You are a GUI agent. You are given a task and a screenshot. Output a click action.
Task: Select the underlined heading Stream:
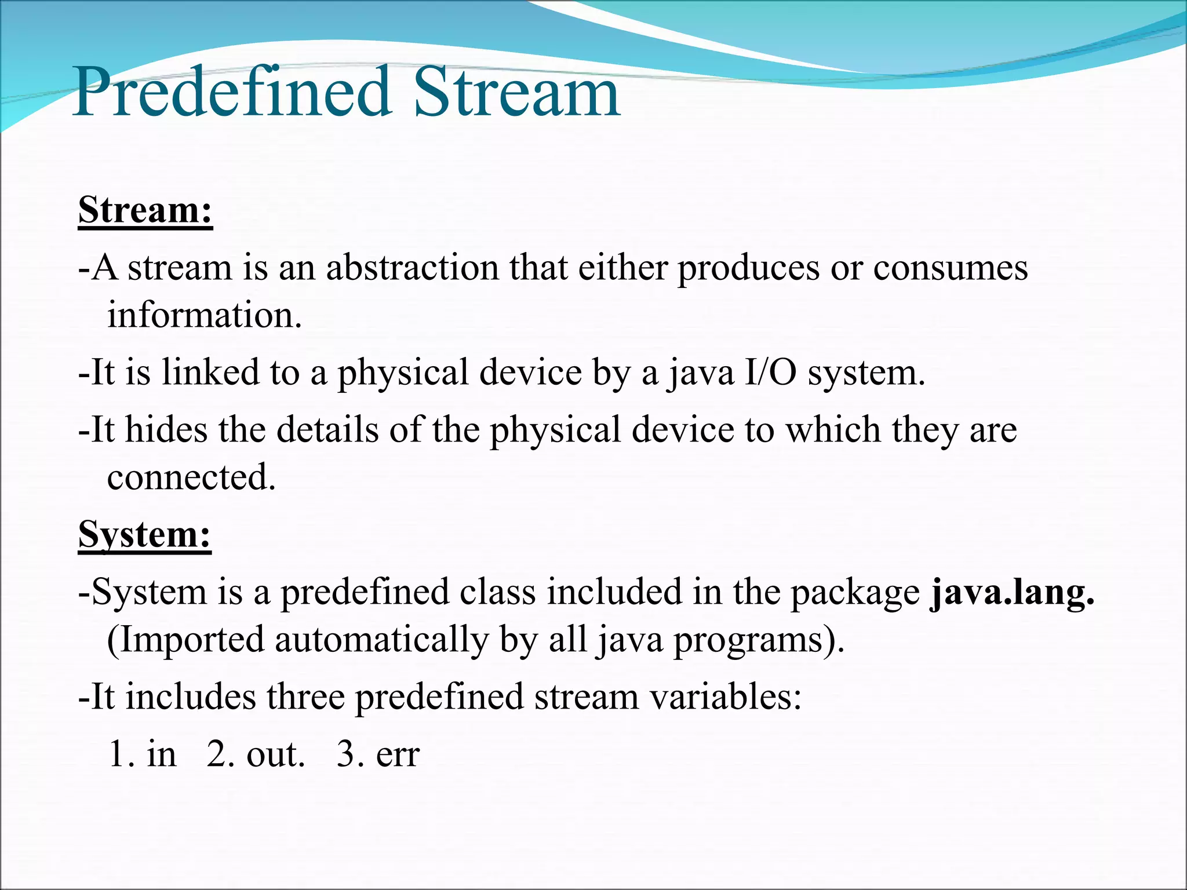click(x=145, y=210)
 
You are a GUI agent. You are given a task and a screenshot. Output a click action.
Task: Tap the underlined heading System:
click(x=144, y=534)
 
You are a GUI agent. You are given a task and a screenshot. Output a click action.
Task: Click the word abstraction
click(x=412, y=268)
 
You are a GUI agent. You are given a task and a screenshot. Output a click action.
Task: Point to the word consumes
click(x=951, y=268)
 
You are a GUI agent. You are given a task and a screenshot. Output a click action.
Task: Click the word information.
click(x=205, y=316)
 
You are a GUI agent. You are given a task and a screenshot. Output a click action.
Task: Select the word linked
click(x=210, y=372)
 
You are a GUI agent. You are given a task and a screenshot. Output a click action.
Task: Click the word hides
click(x=166, y=430)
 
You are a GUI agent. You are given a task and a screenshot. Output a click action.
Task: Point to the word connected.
click(x=191, y=477)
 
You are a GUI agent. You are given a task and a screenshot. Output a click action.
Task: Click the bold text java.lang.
click(x=1012, y=593)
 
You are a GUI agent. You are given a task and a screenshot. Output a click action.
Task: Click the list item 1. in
click(x=143, y=755)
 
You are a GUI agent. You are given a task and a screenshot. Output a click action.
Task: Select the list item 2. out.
click(x=256, y=755)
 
